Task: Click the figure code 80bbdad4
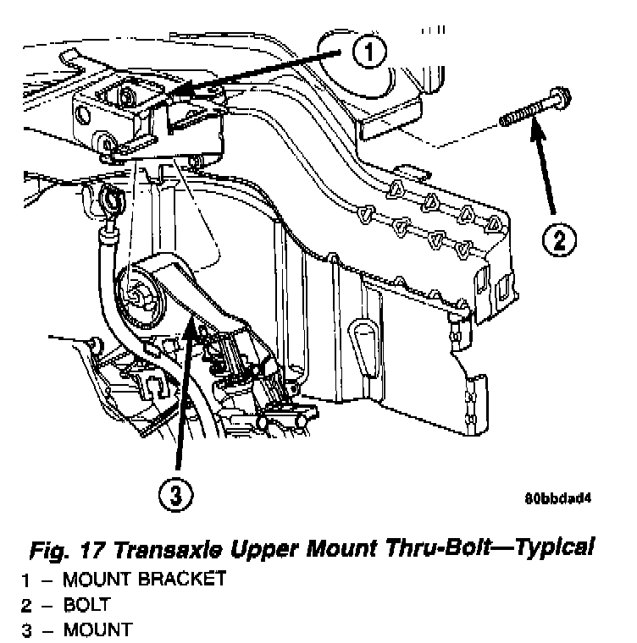click(557, 497)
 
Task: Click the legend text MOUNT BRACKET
click(145, 580)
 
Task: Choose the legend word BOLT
click(86, 605)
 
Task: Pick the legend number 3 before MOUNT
click(26, 629)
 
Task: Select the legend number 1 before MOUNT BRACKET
click(26, 580)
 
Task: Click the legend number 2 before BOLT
click(26, 605)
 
